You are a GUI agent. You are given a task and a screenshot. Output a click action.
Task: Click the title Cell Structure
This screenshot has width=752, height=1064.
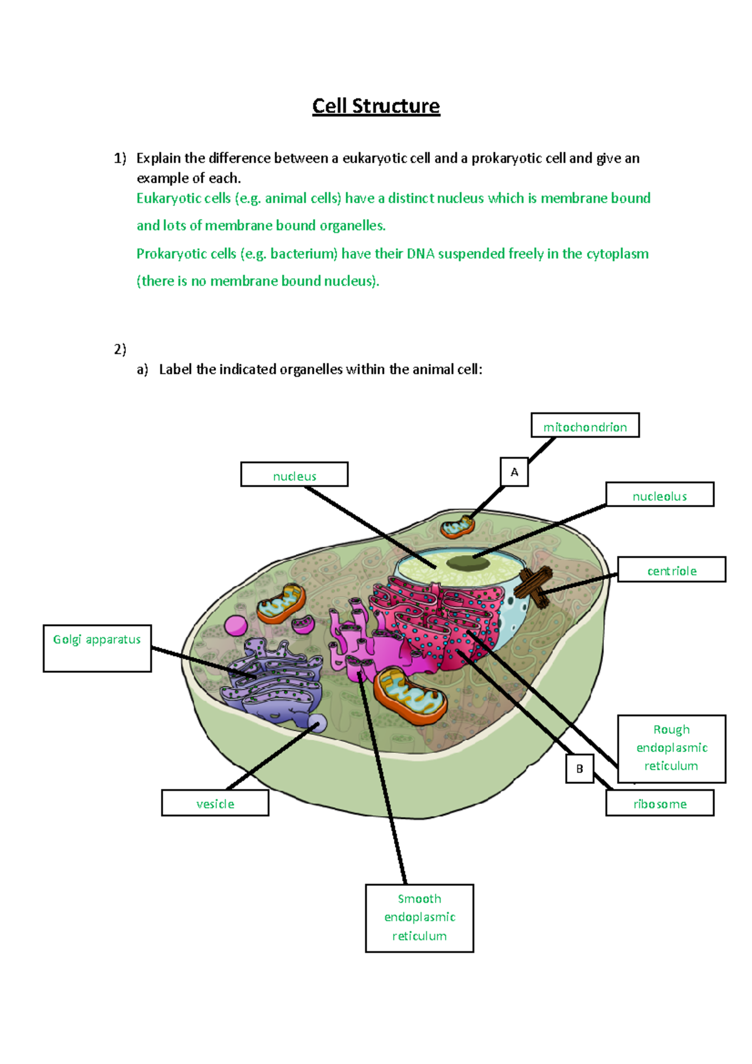[x=376, y=106]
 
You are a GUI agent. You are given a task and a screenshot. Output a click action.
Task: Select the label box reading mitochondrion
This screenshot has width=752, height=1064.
[x=585, y=425]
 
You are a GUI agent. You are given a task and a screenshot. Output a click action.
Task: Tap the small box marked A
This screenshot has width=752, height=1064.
[x=514, y=472]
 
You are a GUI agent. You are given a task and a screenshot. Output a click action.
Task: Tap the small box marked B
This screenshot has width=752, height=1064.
[x=580, y=768]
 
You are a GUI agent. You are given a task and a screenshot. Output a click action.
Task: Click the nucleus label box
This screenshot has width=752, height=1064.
[x=294, y=474]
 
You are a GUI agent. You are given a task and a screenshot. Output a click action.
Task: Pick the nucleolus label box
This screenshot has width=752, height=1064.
[x=659, y=494]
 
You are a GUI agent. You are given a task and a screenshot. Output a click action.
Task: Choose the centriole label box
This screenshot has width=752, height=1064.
[x=671, y=570]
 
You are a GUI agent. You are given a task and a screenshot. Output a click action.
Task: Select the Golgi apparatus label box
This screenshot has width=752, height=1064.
[x=97, y=649]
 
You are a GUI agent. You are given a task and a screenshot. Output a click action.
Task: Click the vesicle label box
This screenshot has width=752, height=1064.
[x=215, y=803]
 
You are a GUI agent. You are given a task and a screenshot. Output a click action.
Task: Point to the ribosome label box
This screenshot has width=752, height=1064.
[x=659, y=803]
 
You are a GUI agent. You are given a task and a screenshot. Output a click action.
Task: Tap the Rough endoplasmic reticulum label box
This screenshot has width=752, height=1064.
[x=671, y=748]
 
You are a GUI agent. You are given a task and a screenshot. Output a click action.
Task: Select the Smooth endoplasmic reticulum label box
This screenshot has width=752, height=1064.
[x=419, y=918]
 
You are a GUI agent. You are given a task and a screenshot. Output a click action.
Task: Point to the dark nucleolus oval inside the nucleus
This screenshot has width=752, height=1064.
[x=467, y=563]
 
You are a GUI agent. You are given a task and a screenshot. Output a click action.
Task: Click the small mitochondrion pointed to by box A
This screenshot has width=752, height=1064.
[x=457, y=527]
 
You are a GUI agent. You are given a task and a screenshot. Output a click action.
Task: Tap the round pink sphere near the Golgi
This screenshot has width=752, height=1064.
[x=236, y=625]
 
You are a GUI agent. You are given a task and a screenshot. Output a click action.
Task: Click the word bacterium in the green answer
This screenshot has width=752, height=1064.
[x=303, y=254]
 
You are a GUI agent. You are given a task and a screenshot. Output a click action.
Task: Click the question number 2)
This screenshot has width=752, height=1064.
[x=120, y=349]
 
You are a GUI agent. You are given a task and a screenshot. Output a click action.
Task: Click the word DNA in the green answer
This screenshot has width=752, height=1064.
[x=420, y=254]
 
